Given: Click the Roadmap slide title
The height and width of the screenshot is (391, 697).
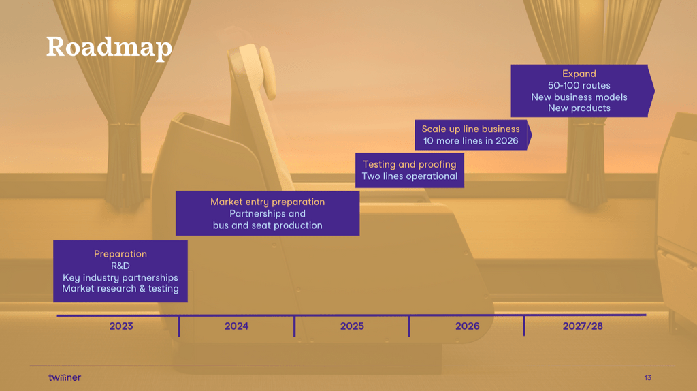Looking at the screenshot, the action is [x=109, y=48].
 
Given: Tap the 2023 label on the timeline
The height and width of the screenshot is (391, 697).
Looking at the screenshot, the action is [x=121, y=326].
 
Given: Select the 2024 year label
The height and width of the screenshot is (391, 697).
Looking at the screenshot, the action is [x=236, y=326].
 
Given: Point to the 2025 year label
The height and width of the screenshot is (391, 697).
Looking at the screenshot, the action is [x=352, y=326].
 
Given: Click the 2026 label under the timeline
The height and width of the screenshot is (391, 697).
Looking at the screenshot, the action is [x=467, y=326].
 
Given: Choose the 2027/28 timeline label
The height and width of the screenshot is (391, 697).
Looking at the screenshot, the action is [x=583, y=326].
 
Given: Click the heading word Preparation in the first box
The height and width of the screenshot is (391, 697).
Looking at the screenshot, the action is [x=120, y=254].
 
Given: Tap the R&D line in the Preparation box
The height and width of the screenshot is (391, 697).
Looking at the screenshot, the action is [x=120, y=266].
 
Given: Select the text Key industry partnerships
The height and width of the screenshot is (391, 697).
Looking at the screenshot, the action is [x=120, y=277].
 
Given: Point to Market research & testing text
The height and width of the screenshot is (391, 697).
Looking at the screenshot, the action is [x=120, y=289].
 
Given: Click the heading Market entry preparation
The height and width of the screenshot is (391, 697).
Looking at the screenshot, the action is [x=268, y=202].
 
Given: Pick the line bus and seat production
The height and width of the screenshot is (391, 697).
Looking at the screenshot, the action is [x=268, y=225].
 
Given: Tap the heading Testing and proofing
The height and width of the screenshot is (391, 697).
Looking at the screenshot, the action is [x=410, y=165].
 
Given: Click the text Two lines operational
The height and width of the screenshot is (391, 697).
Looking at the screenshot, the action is [x=410, y=176].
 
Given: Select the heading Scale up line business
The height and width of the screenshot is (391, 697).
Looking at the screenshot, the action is [x=471, y=129].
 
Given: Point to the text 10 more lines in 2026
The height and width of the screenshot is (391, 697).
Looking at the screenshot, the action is [x=471, y=141].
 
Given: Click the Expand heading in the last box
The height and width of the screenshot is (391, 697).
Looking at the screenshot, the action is [x=579, y=74].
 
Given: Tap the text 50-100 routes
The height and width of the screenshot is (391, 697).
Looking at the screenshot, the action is [x=579, y=85].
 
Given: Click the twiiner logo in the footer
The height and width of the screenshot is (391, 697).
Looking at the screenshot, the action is [x=65, y=377].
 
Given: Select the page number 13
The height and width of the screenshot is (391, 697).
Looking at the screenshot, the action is [x=648, y=377].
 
